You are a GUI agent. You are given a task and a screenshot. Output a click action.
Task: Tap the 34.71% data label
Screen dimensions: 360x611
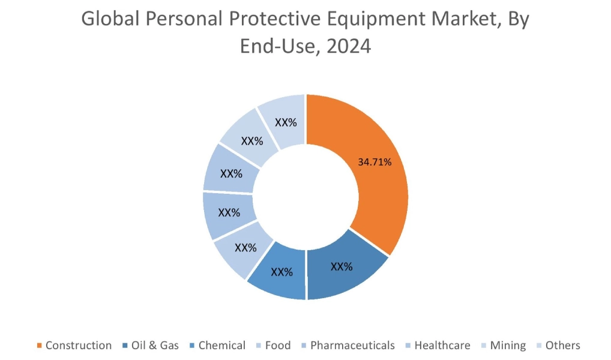tap(375, 161)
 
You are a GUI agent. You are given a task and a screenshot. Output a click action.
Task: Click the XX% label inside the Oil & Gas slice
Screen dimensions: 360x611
tap(342, 266)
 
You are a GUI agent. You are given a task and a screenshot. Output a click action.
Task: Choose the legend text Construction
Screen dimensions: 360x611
tap(78, 346)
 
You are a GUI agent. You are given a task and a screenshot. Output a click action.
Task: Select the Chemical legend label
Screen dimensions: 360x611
tap(221, 346)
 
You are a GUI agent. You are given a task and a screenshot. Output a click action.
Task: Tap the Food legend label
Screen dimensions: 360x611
tap(277, 346)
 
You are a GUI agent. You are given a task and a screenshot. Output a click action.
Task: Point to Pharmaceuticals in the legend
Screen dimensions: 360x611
tap(352, 346)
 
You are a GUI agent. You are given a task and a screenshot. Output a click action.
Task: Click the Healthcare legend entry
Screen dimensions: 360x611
tap(442, 346)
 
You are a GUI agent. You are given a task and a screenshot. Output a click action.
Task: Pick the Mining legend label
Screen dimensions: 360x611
tap(508, 346)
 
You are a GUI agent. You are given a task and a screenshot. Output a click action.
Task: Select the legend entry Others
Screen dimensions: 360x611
tap(562, 346)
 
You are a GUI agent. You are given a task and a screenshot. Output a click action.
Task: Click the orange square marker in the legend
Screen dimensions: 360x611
tap(40, 346)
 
